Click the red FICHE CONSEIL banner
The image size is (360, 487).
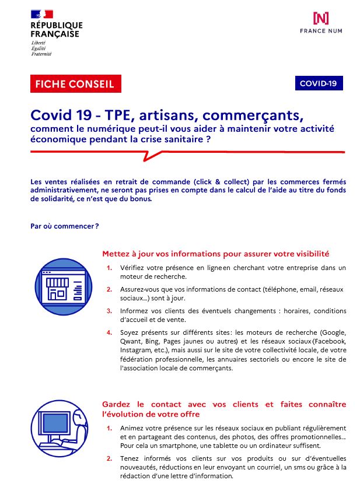(x=75, y=84)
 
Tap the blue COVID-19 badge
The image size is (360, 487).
(x=318, y=83)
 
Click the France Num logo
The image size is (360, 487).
(x=320, y=22)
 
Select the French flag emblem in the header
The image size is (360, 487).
(x=42, y=14)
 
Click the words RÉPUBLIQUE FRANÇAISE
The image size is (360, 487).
(x=56, y=30)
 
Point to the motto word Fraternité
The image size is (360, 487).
(x=41, y=54)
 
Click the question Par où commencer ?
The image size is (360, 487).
(x=64, y=226)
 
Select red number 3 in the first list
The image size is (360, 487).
(x=109, y=310)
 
